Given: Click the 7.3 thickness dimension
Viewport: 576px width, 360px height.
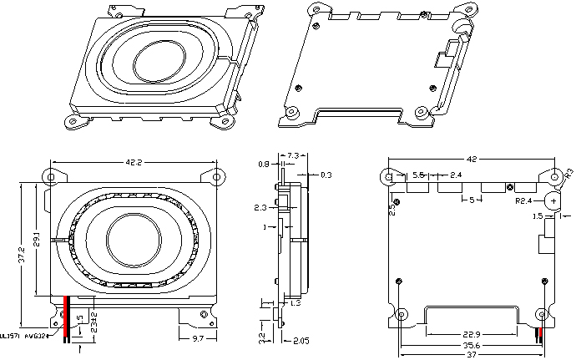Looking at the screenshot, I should (x=294, y=156).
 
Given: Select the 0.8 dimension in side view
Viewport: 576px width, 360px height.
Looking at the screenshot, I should (x=263, y=165).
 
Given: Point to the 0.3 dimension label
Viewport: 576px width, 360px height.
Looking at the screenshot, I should (x=326, y=175).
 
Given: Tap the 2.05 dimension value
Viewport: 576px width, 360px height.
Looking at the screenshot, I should (x=301, y=340).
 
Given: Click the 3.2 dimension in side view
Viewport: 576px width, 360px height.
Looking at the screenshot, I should (x=262, y=338).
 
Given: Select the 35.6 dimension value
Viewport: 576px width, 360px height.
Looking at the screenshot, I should (x=472, y=344).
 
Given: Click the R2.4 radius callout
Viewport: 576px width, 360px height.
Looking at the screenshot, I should (x=524, y=201).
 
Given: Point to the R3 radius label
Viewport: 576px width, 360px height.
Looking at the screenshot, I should (x=569, y=173).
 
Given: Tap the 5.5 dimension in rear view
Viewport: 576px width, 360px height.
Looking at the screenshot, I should (x=419, y=175).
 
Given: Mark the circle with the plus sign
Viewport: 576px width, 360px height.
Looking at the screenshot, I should (x=553, y=200).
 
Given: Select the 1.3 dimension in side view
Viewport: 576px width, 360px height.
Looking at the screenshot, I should (x=296, y=303).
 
